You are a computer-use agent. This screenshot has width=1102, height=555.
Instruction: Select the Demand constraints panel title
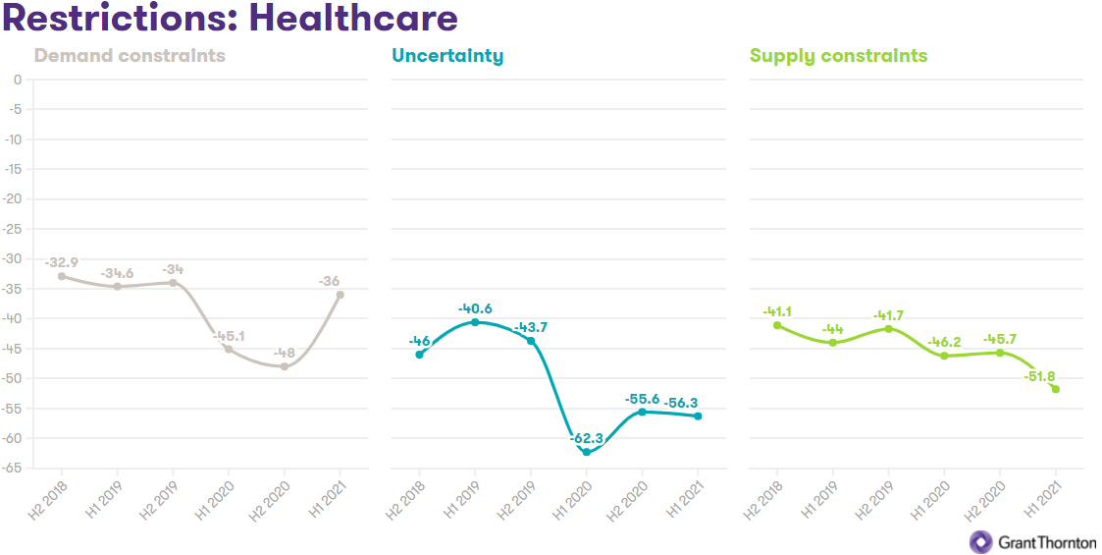[130, 55]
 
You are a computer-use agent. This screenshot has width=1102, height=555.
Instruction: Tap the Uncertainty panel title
[447, 55]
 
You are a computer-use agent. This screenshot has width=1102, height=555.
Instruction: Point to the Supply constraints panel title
[838, 55]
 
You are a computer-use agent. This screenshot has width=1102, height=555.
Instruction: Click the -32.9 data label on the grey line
[61, 262]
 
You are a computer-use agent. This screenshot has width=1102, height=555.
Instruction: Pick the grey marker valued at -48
[285, 366]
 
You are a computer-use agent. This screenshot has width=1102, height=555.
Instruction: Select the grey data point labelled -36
[341, 295]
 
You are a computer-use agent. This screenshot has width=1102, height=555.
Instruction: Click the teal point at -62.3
[587, 452]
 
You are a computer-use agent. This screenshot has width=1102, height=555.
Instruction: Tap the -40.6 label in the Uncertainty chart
[475, 309]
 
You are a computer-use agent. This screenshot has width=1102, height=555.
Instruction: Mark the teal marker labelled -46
[419, 354]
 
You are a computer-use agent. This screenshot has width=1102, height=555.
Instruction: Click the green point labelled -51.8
[1056, 389]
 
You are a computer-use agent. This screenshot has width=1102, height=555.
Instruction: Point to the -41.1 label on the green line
[777, 311]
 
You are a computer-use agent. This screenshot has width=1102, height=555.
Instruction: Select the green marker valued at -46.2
[944, 356]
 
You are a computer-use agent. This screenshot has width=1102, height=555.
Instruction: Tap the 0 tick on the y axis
[17, 80]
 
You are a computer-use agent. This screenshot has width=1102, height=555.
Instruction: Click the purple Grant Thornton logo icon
[980, 541]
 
